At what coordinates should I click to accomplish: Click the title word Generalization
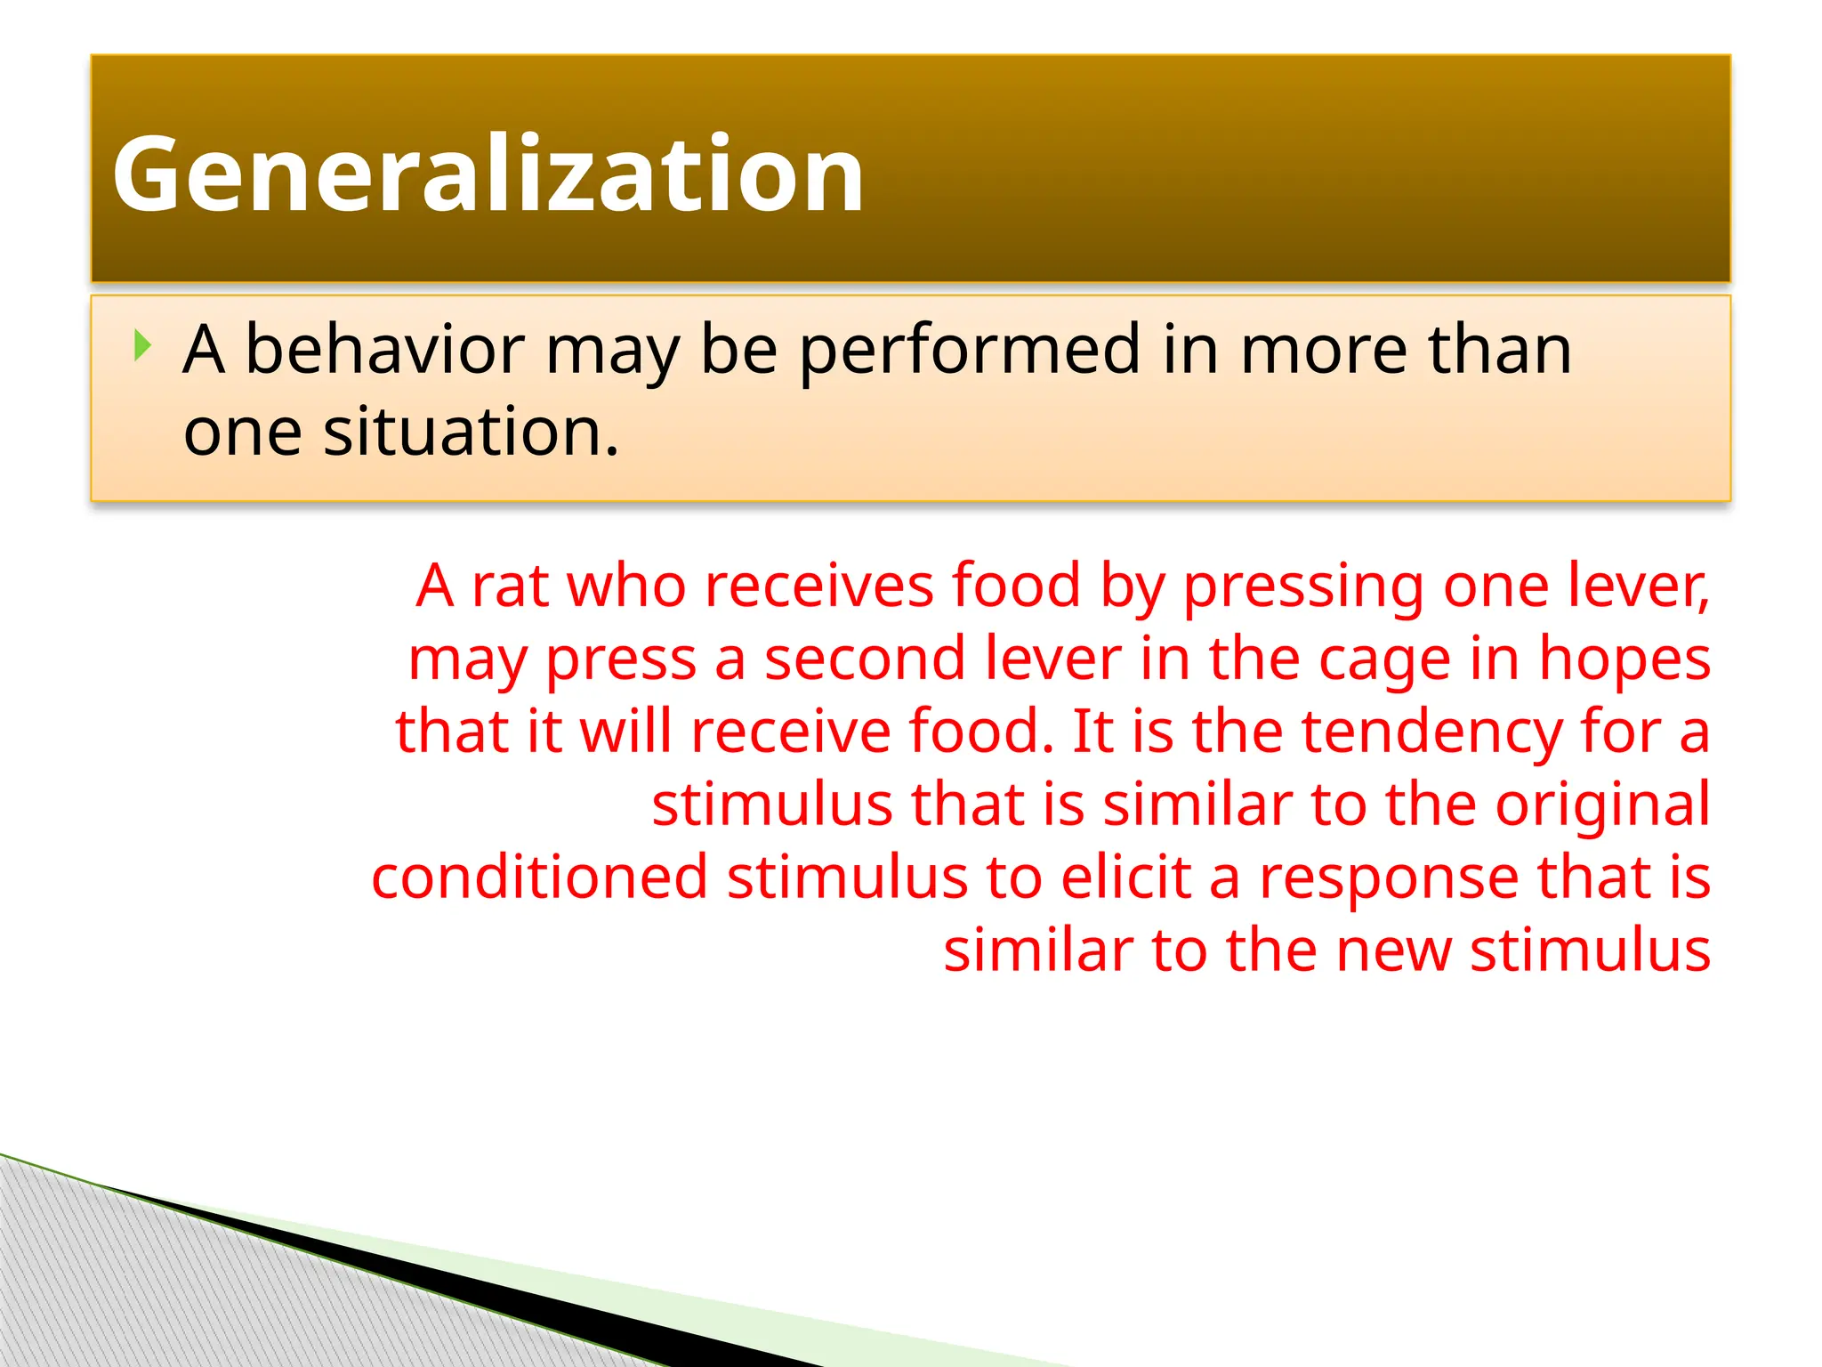[x=488, y=174]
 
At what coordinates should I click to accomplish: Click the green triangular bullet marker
[x=142, y=345]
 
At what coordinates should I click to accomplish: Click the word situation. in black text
[x=471, y=432]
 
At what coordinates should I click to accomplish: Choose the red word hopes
[x=1624, y=661]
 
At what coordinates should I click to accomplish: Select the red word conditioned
[x=539, y=878]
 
